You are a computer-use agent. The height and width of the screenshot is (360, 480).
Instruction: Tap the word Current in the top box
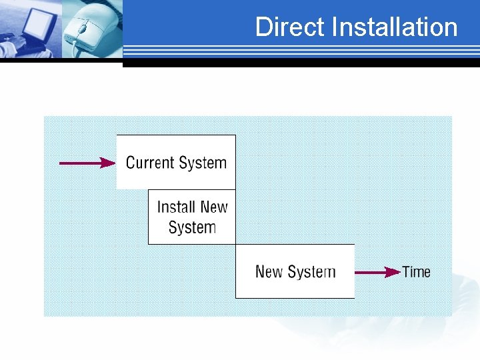pos(150,163)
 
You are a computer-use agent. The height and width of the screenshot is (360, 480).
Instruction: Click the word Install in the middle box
pos(176,207)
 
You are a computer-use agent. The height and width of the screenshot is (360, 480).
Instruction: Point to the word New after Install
pos(213,207)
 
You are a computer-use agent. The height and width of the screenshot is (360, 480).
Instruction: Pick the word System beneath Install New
pos(192,227)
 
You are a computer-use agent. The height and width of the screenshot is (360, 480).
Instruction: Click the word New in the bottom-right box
pos(269,272)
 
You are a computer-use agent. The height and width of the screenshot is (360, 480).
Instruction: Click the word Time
pos(417,272)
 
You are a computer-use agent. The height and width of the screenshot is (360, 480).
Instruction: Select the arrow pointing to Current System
pos(87,162)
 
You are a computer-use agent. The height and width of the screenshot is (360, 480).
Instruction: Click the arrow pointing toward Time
pos(377,272)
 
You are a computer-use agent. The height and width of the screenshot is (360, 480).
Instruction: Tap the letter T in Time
pos(406,272)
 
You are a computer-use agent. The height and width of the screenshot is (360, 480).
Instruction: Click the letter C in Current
pos(131,163)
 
